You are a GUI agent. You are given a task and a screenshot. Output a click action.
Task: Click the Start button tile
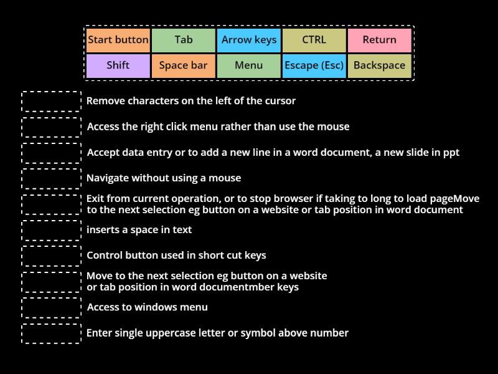tap(118, 41)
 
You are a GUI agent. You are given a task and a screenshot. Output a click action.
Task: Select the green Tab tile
tap(184, 41)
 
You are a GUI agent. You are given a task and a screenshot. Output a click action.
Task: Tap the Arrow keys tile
tap(249, 41)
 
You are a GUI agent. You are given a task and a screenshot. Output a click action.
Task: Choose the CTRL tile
tap(314, 41)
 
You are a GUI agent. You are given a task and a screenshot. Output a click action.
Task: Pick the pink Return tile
tap(379, 41)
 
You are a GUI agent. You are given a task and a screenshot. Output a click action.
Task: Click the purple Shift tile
tap(118, 65)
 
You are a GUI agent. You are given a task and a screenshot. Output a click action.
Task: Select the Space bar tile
tap(184, 65)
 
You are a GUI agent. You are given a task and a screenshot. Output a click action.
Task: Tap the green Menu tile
tap(249, 65)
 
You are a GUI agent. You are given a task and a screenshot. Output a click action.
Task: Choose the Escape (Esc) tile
tap(314, 65)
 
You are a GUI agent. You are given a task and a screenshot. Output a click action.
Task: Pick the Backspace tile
tap(379, 65)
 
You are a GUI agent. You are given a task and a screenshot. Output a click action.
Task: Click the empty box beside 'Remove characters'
tap(51, 101)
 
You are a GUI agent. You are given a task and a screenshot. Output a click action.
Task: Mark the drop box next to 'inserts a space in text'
tap(51, 230)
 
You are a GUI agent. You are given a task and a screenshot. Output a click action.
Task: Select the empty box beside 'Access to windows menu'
tap(51, 307)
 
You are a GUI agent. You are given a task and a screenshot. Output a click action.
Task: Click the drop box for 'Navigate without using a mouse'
tap(51, 178)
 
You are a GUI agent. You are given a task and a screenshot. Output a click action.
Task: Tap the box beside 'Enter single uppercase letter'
tap(51, 333)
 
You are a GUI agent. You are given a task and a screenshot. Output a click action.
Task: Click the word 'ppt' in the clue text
tap(450, 153)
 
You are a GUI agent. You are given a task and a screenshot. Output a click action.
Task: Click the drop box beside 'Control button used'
tap(51, 256)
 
